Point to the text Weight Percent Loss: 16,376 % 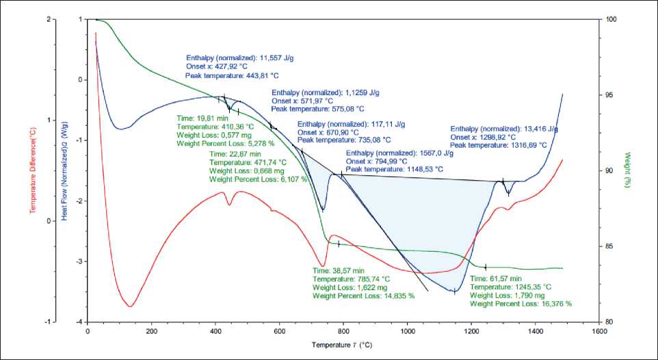tap(521, 303)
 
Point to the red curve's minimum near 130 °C tap(130, 305)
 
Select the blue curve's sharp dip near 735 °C tap(323, 210)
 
